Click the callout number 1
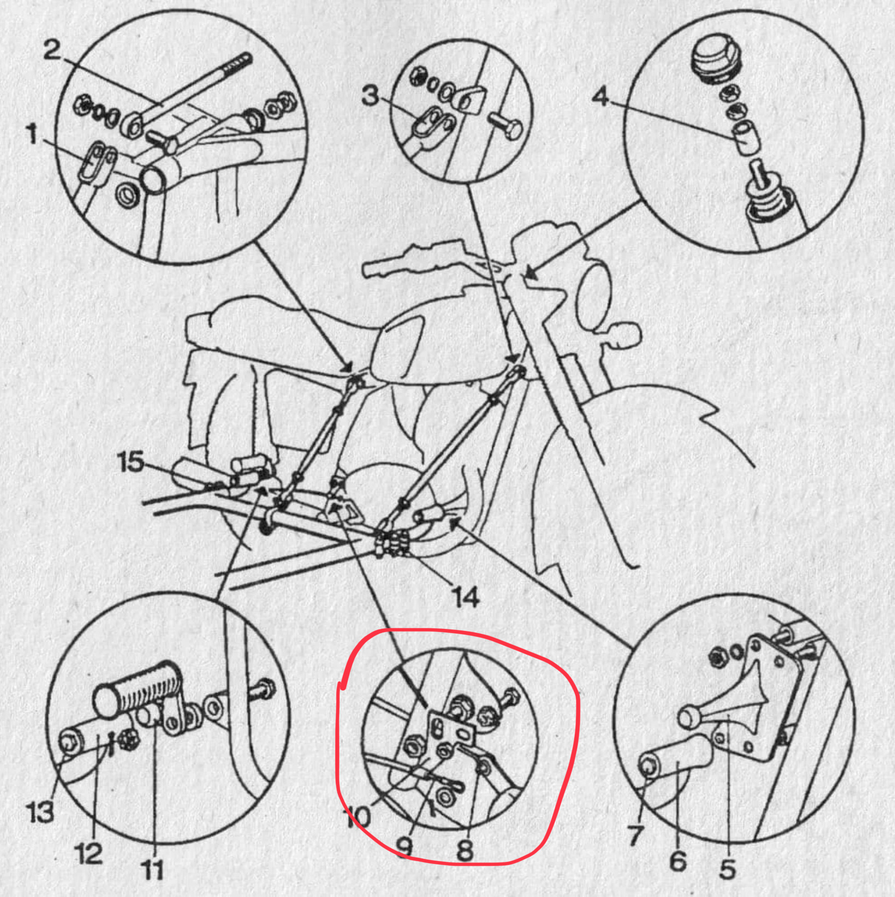pos(32,134)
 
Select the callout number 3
pos(370,95)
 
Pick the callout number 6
pos(678,860)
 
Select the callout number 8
pos(464,849)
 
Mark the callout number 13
pos(40,812)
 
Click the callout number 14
pos(465,597)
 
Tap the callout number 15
pos(131,462)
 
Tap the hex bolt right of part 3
pos(504,125)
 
